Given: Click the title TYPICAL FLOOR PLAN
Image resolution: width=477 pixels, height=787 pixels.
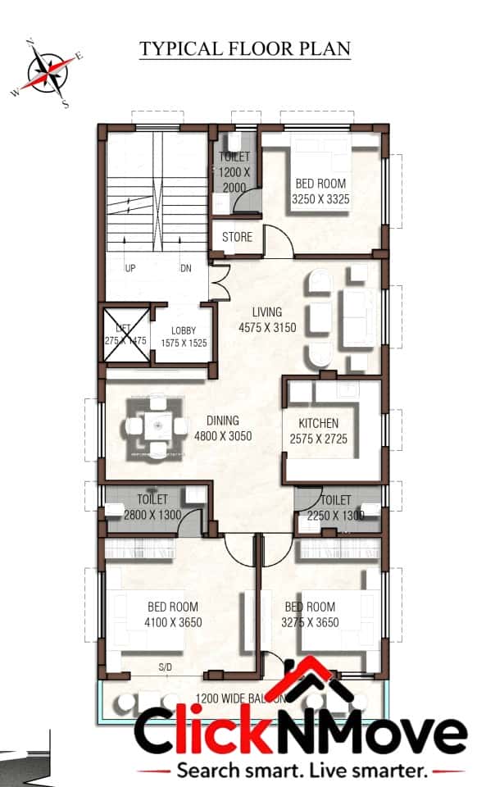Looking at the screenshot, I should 244,48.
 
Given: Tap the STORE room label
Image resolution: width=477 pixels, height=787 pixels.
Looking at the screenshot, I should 237,238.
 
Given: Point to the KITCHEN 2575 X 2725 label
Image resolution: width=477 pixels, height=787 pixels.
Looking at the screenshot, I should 319,431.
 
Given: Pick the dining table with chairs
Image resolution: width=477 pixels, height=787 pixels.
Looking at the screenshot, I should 157,426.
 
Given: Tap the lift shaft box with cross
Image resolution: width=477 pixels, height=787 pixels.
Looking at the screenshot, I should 124,334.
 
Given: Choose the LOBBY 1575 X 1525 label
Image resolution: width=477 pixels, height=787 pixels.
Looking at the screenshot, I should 184,337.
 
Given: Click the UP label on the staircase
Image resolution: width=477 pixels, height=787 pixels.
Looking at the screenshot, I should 129,268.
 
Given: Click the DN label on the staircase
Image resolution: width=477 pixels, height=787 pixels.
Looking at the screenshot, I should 186,268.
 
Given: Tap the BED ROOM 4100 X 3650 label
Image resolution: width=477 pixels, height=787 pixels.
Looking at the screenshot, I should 174,614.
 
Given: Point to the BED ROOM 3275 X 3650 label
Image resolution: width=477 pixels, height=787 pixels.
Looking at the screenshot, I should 310,614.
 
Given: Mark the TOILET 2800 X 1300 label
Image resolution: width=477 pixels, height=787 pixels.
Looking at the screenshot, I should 152,507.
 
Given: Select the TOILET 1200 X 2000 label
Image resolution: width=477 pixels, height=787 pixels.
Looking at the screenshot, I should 234,171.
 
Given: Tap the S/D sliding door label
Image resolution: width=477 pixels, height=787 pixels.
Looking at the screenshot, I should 166,668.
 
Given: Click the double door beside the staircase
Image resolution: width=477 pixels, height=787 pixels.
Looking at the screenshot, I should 217,283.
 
